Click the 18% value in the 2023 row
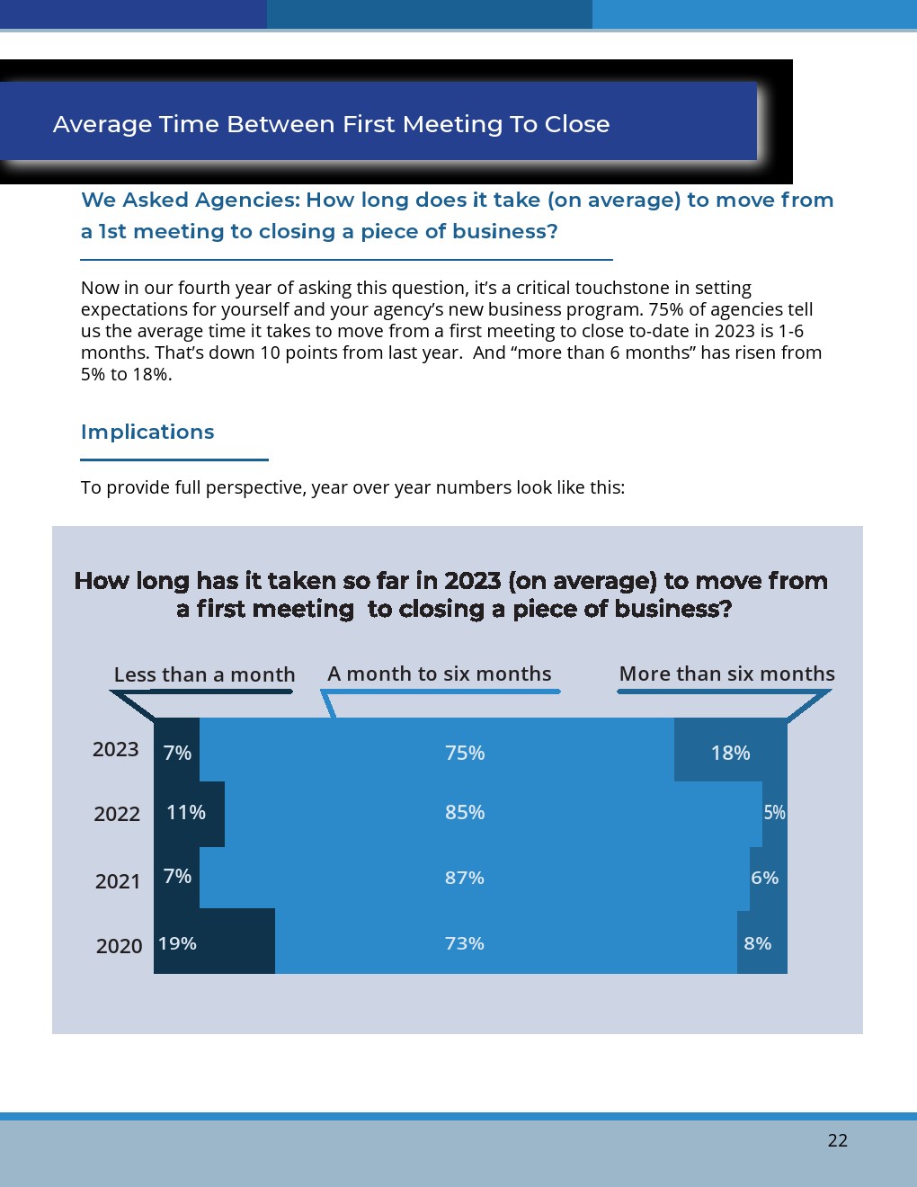pos(730,753)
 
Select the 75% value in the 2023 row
pos(465,753)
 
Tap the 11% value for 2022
pos(186,812)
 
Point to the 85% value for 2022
pos(465,812)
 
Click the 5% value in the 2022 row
pos(774,812)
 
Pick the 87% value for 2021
pos(465,878)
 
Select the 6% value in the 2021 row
pos(764,878)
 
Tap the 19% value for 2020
pos(177,943)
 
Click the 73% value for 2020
pos(465,943)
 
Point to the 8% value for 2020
pos(757,943)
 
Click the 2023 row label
pos(116,749)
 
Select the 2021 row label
pos(118,881)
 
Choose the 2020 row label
pos(119,946)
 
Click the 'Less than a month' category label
pos(204,674)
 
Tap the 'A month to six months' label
pos(440,674)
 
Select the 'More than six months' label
pos(726,674)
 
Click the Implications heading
pos(147,432)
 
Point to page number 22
pos(837,1140)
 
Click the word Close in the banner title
pos(577,124)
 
